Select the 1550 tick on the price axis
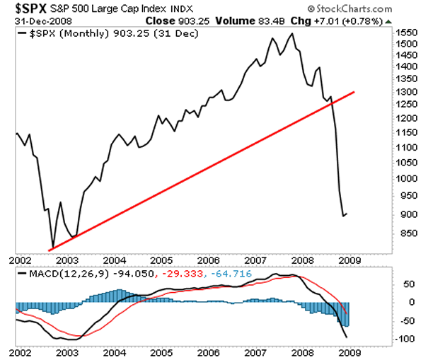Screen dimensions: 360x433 tap(405, 33)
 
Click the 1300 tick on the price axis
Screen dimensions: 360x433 tap(405, 92)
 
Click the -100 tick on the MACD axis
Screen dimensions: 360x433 tap(404, 339)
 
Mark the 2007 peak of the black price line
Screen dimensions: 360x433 tap(292, 33)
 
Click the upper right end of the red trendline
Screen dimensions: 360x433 tap(354, 92)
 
